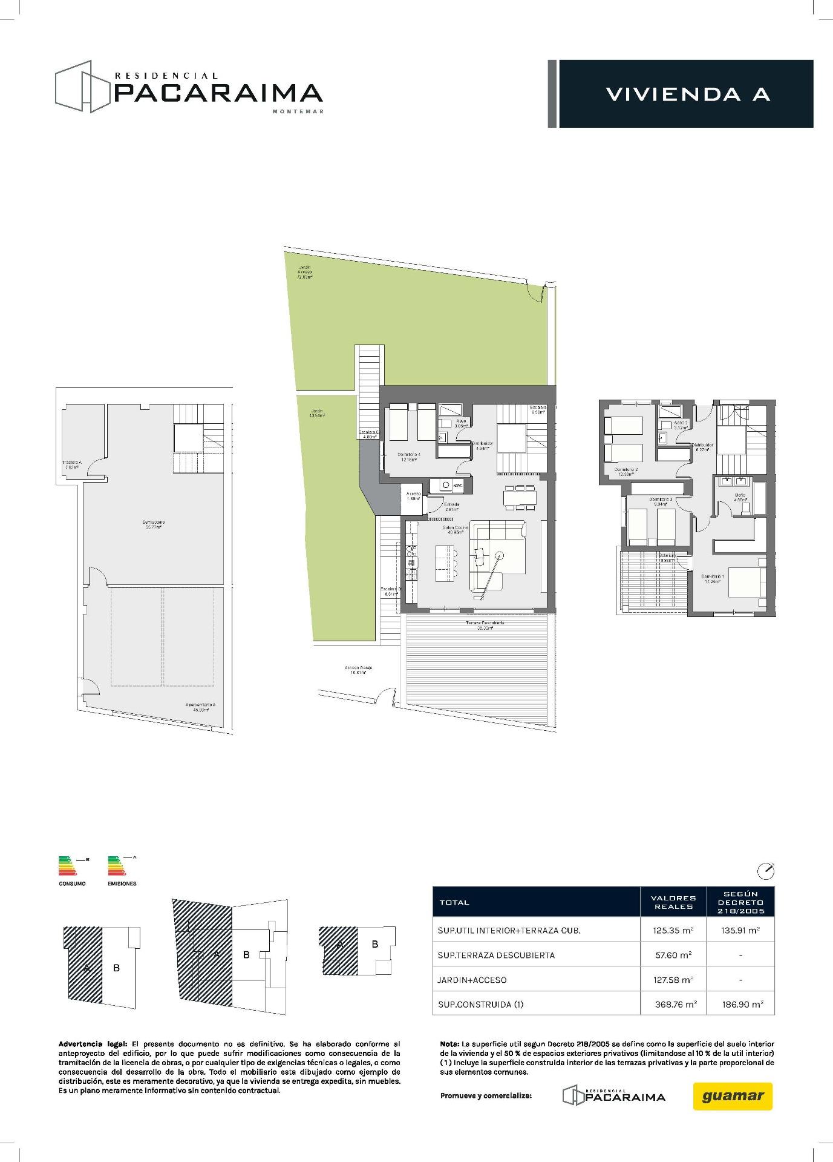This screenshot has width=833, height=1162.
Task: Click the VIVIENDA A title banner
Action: point(687,94)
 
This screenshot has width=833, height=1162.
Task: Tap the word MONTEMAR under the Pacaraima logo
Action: point(298,111)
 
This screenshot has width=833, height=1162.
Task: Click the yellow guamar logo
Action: point(733,1096)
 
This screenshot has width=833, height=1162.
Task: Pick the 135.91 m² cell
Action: point(740,931)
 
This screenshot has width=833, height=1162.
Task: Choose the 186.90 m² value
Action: point(740,1004)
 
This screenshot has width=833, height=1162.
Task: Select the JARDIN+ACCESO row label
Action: point(472,980)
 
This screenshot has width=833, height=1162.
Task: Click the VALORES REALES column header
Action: point(673,902)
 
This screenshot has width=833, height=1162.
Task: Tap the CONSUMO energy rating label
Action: point(72,883)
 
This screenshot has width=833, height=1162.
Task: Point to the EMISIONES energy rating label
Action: point(122,883)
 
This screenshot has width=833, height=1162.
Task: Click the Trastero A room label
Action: point(71,464)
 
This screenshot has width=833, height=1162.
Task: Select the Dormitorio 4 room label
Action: point(409,457)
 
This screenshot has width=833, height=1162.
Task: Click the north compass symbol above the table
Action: point(766,871)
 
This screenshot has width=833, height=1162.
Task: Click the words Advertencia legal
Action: point(93,1044)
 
